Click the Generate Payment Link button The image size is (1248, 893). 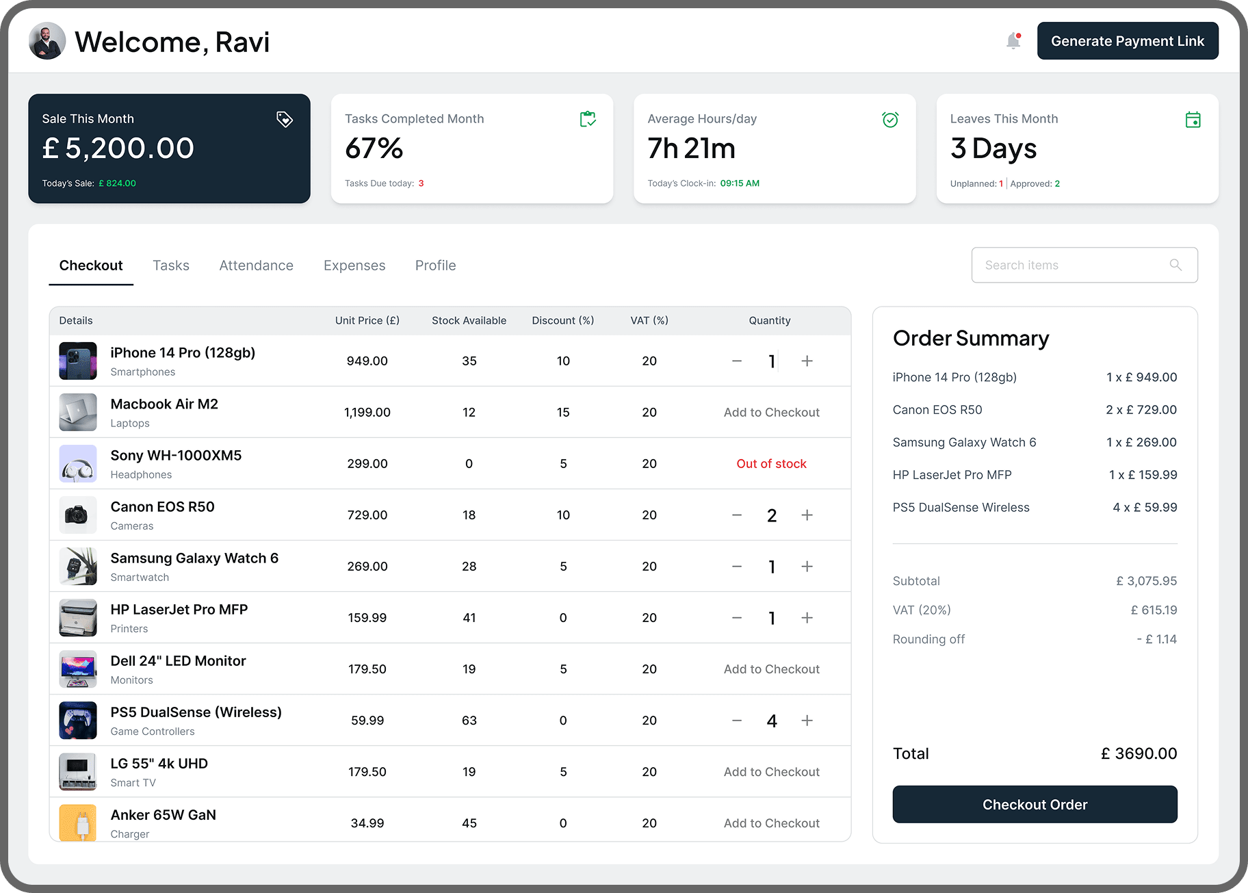1127,41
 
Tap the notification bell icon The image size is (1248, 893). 1013,41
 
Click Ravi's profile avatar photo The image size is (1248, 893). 47,41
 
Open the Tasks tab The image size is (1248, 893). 170,266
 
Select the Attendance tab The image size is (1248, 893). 256,266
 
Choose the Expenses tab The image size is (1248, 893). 354,266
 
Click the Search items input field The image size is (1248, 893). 1074,265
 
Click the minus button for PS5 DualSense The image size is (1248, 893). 737,721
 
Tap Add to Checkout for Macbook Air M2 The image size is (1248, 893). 771,413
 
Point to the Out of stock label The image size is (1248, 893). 771,464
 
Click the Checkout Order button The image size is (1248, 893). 1035,805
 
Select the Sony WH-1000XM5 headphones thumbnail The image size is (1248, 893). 78,464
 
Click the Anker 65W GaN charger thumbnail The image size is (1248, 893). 78,822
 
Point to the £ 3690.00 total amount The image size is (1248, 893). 1139,753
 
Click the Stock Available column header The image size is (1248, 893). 469,321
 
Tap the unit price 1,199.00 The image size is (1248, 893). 367,413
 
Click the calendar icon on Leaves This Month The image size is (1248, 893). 1193,120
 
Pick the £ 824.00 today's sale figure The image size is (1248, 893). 118,183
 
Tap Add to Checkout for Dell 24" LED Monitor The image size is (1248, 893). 771,669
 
